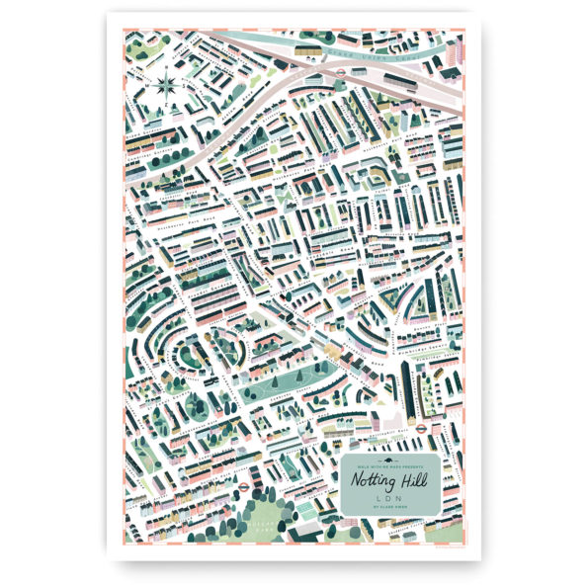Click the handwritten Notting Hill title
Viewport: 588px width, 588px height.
388,480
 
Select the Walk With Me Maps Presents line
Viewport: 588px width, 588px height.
388,463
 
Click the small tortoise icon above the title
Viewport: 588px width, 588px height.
388,456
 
